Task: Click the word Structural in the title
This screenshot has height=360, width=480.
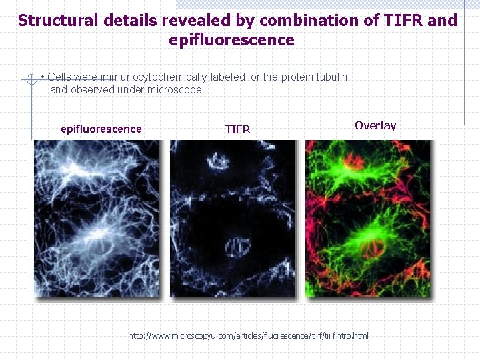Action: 58,20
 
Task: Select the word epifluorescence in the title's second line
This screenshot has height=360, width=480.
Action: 231,40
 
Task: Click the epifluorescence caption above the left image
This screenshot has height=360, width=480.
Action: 101,129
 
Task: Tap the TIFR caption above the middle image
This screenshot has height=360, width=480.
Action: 238,129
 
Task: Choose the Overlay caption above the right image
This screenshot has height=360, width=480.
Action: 375,125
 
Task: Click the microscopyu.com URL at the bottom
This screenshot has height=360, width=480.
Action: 248,335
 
